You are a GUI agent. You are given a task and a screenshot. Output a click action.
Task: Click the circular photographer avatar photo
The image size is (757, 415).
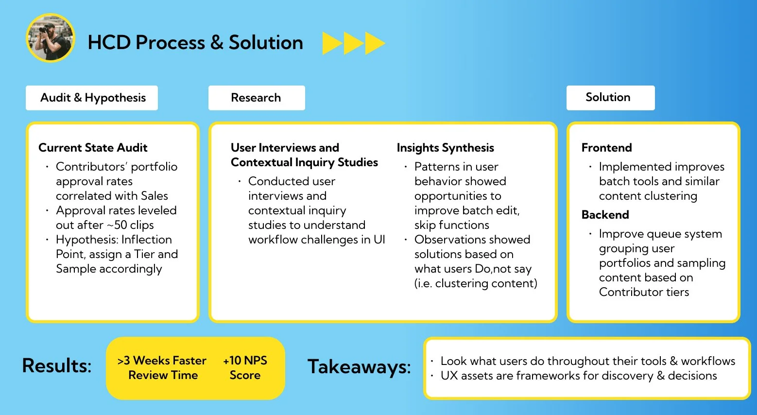(x=51, y=38)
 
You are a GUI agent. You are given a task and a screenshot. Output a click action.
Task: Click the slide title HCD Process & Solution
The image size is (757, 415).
(x=195, y=43)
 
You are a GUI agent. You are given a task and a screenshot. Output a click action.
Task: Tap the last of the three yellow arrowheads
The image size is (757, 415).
(x=375, y=43)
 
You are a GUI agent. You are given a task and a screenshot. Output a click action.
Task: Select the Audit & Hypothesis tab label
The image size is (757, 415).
(x=93, y=98)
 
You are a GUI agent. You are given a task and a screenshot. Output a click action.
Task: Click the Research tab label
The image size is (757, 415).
(x=256, y=98)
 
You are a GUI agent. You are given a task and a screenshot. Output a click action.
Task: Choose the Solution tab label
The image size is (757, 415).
(x=608, y=97)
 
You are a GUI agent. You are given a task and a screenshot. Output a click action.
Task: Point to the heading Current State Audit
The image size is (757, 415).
(x=93, y=148)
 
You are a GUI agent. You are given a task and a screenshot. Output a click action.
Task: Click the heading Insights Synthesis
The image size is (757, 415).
(x=445, y=148)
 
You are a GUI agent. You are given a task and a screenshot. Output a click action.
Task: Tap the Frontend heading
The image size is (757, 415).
(x=606, y=148)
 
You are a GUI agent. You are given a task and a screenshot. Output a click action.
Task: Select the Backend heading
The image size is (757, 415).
(x=605, y=215)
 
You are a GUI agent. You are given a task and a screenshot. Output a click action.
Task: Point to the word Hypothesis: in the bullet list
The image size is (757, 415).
(x=86, y=240)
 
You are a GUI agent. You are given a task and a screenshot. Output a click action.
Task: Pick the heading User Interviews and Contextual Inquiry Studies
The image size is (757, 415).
(x=304, y=155)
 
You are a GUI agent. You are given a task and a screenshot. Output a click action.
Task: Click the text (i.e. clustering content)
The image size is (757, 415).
(x=476, y=283)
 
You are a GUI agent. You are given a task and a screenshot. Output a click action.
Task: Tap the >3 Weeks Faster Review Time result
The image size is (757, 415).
(x=162, y=368)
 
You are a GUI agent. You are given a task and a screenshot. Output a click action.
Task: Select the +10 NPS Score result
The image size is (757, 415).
(x=245, y=368)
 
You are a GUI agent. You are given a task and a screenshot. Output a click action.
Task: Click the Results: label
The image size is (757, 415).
(x=57, y=366)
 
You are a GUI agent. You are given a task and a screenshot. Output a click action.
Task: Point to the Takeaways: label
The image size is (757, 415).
(x=359, y=367)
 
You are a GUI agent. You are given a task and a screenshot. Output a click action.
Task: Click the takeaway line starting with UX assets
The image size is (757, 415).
(x=578, y=376)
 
